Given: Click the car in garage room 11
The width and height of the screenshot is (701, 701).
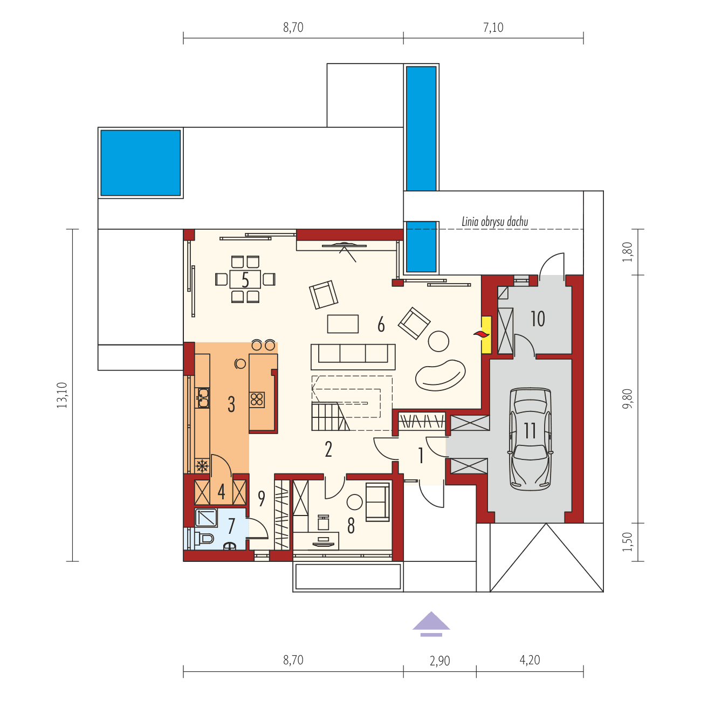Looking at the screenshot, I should (x=531, y=439).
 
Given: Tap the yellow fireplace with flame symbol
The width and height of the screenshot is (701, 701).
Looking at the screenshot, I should (x=485, y=334).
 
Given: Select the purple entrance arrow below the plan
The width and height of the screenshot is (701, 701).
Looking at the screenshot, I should (x=431, y=623).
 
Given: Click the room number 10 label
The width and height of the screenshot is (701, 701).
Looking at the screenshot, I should (x=538, y=319).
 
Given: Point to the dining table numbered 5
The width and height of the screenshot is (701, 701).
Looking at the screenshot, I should (x=245, y=279).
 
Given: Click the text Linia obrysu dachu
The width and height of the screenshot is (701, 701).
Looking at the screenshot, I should (x=494, y=221).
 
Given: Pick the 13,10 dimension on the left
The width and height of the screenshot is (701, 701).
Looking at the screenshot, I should (x=63, y=395).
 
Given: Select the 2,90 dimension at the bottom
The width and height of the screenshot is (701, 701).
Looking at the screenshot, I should (x=440, y=661).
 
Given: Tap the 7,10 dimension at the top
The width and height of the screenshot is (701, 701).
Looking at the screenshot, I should (x=493, y=28).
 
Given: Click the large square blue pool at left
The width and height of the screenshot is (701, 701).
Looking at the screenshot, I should (x=140, y=162).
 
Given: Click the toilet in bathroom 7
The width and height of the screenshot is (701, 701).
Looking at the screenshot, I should (x=205, y=538).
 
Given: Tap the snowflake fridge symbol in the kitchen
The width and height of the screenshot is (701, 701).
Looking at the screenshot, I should (x=202, y=466).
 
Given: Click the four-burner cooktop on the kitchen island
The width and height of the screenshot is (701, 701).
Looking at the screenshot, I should (x=257, y=399).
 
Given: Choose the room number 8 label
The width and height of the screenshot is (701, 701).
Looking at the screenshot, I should (x=351, y=526).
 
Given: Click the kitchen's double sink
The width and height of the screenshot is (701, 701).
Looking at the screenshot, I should (x=202, y=397).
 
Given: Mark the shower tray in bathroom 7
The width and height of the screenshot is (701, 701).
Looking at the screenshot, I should (x=206, y=518).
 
